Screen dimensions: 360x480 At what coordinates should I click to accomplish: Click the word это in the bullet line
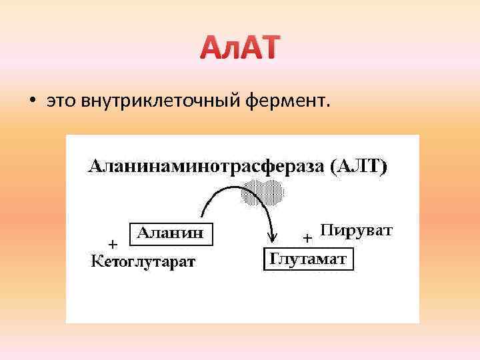click(x=61, y=101)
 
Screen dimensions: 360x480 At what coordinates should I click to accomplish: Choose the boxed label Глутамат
click(x=307, y=259)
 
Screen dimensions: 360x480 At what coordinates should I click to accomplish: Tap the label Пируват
click(x=356, y=231)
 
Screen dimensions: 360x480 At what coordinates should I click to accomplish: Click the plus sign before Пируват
click(x=307, y=237)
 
